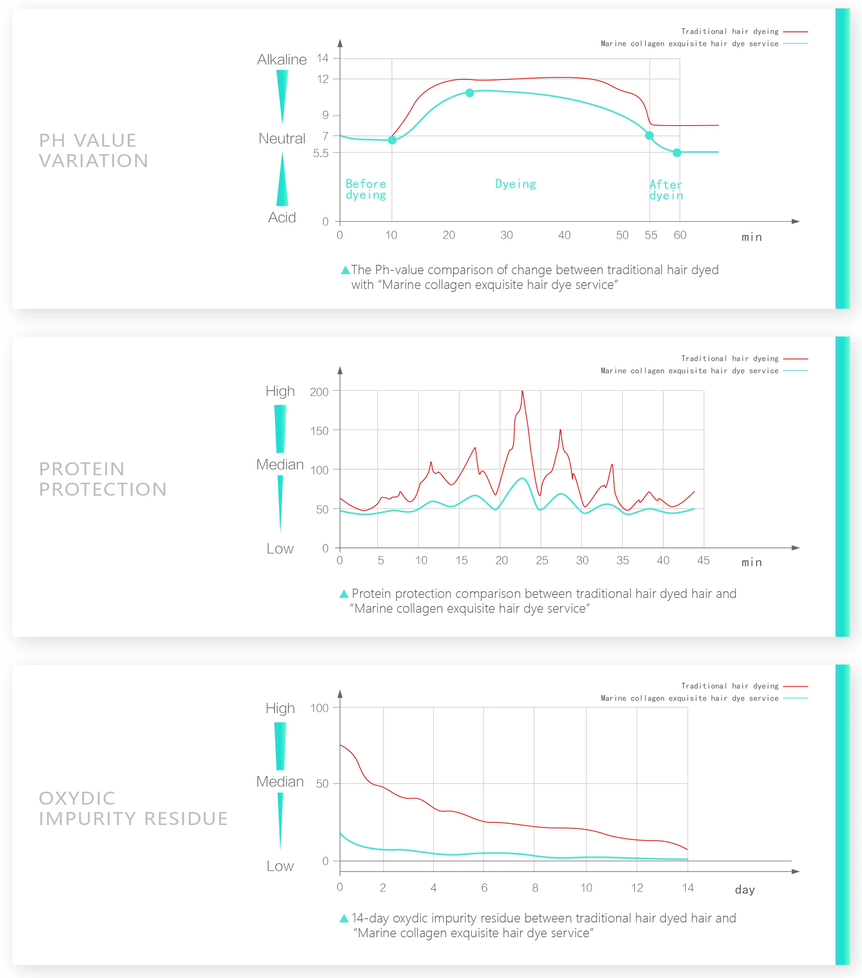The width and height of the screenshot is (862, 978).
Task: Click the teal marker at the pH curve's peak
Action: tap(470, 93)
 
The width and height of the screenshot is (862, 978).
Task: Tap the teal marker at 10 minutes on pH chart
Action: tap(392, 140)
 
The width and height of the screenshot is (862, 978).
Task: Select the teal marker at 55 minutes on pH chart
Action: tap(649, 136)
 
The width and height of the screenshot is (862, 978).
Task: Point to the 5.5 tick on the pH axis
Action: tap(321, 153)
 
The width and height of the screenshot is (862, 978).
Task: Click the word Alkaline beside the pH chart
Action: tap(282, 60)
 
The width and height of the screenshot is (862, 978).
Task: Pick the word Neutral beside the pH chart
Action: tap(282, 139)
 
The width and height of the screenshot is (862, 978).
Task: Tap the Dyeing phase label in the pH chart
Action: tap(515, 184)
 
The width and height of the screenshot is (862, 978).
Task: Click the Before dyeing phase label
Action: tap(365, 189)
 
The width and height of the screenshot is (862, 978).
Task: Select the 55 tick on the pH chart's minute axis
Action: tap(651, 235)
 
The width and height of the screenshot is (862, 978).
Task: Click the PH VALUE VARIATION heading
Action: tap(93, 150)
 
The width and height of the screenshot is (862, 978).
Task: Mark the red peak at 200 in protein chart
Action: tap(522, 392)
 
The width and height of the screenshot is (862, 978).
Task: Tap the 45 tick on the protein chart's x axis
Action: tap(703, 560)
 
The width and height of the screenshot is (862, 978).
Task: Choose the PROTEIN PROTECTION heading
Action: tap(102, 479)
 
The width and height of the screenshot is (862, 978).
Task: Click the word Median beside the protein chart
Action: tap(280, 465)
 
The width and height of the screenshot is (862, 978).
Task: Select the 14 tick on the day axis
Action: tap(687, 888)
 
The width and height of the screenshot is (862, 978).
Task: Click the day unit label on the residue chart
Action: tap(744, 889)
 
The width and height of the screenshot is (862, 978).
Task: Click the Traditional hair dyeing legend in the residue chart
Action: tap(729, 686)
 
